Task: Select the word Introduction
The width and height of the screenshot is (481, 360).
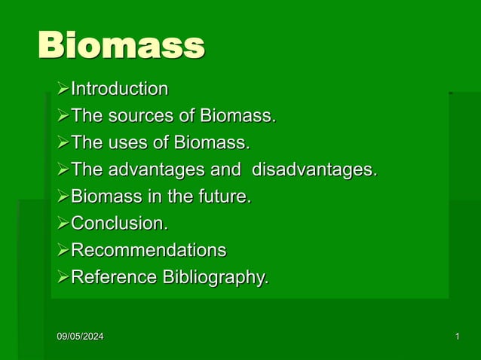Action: click(x=119, y=89)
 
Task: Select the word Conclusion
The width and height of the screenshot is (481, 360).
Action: click(x=119, y=224)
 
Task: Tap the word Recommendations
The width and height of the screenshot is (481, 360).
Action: click(x=148, y=250)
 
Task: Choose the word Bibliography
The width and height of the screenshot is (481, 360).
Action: click(x=214, y=278)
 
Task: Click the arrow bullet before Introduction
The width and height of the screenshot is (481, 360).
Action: click(x=63, y=90)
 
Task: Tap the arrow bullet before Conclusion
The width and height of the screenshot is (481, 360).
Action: click(x=63, y=224)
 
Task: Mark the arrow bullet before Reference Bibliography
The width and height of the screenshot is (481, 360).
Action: click(x=63, y=278)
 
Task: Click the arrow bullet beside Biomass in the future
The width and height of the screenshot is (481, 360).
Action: click(x=63, y=197)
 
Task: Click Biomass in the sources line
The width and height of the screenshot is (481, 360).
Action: click(x=237, y=116)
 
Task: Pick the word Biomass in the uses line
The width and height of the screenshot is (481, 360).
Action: click(x=211, y=142)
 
